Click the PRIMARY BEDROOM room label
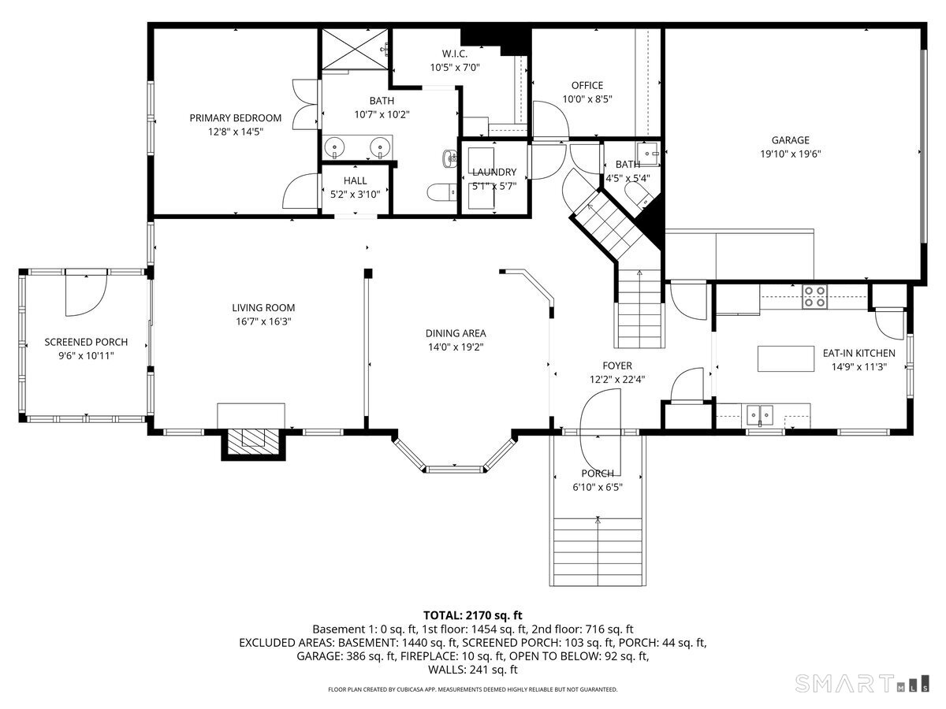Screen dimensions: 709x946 coord(235,118)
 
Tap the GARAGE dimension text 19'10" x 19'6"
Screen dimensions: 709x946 coord(790,154)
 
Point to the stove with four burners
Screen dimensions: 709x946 coord(814,296)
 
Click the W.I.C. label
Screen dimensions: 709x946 coord(455,54)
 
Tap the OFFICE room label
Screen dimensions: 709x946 coord(587,86)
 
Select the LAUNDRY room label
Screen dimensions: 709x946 coord(493,173)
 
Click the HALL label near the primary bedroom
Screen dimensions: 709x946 coord(355,180)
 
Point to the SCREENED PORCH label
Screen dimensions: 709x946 coord(86,343)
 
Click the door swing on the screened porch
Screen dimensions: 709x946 coord(85,291)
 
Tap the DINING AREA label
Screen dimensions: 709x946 coord(456,333)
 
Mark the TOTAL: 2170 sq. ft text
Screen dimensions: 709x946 coord(472,615)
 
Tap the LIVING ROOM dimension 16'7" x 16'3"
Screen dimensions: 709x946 coord(263,321)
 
